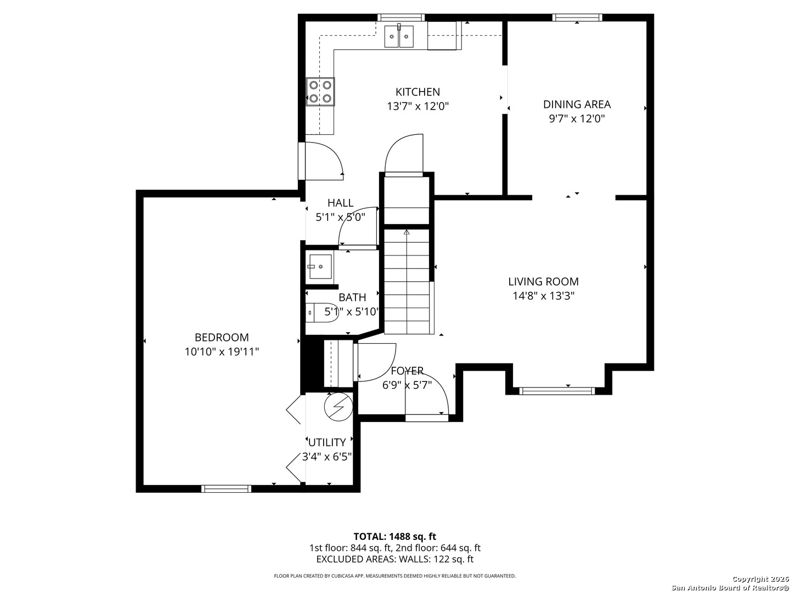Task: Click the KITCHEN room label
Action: coord(417,92)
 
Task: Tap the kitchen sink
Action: coord(399,36)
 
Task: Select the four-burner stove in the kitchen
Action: coord(320,92)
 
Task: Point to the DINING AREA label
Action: coord(577,104)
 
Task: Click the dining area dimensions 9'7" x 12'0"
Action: coord(577,118)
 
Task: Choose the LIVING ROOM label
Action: coord(543,281)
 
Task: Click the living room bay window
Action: coord(557,391)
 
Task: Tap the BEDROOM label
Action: coord(222,337)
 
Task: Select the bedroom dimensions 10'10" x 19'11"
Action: coord(222,351)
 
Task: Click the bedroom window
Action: coord(226,488)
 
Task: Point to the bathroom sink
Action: coord(320,267)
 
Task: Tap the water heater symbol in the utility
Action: coord(338,407)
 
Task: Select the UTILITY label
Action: coord(327,442)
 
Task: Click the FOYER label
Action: coord(407,371)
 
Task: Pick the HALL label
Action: coord(340,203)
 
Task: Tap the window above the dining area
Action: coord(577,17)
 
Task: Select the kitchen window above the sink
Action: coord(401,17)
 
